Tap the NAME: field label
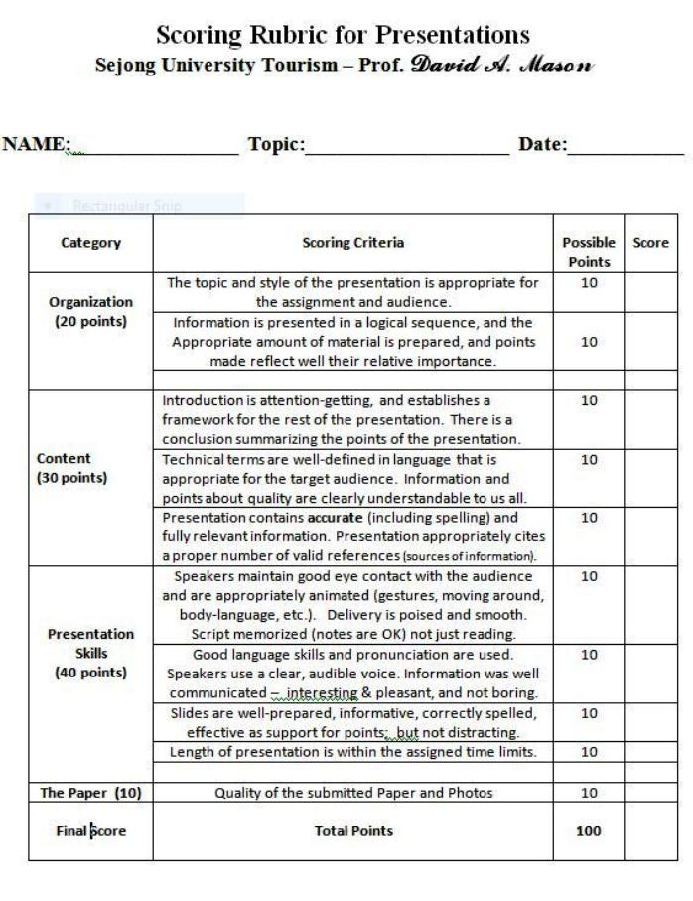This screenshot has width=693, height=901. tap(37, 145)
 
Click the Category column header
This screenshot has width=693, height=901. tap(90, 243)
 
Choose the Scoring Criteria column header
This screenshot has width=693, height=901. tap(352, 243)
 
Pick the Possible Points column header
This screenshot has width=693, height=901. tap(589, 252)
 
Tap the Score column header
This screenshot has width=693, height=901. tap(650, 243)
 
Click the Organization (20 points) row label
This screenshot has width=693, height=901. tap(90, 311)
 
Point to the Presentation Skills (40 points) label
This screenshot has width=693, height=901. tap(90, 653)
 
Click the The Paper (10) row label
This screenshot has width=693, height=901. tap(88, 792)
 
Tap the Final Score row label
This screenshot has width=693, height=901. tap(90, 830)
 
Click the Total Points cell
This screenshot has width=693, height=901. tap(352, 830)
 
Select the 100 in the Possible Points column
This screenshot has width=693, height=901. tap(589, 830)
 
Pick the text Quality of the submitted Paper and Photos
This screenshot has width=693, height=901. tap(352, 792)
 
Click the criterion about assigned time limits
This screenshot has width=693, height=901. tap(352, 751)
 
